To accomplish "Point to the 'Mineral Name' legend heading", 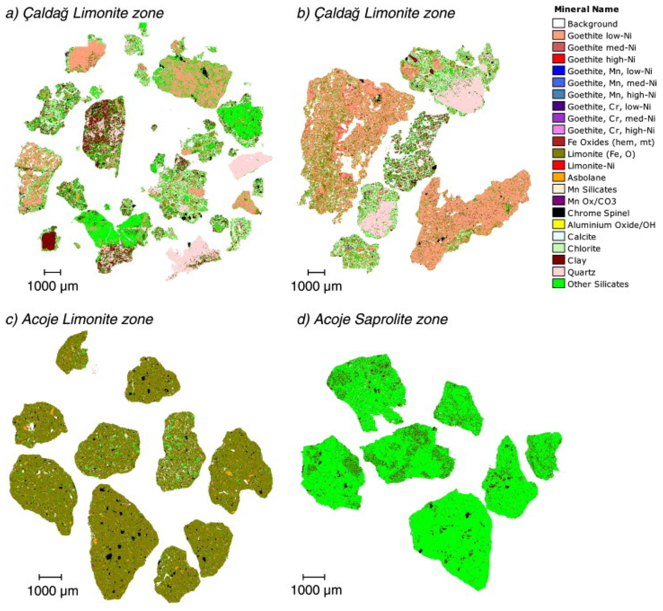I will [586, 9].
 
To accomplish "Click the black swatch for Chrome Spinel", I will [558, 213].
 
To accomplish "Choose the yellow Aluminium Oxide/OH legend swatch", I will [558, 225].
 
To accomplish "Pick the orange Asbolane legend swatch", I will [558, 178].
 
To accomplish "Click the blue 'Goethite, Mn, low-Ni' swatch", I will [558, 71].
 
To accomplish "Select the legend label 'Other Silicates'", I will [598, 284].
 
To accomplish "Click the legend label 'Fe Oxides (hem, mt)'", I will [611, 142].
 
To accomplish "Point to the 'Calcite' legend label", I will [582, 237].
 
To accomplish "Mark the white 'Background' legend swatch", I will [558, 24].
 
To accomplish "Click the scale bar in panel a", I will [53, 272].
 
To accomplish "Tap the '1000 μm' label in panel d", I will [316, 590].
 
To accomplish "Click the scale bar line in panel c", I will [50, 577].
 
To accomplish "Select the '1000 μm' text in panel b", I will [316, 286].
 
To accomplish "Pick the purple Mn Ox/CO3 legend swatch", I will [558, 201].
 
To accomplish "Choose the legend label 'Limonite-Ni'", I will [591, 166].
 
